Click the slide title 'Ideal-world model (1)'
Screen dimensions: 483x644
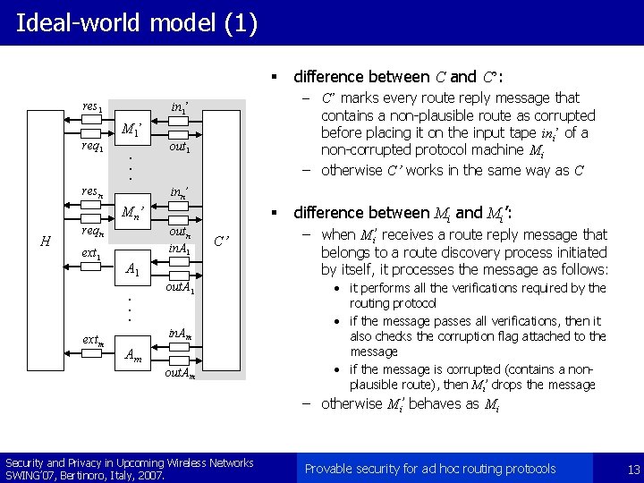pyautogui.click(x=137, y=21)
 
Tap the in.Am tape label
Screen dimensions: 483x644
pyautogui.click(x=182, y=335)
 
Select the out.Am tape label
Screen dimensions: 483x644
pyautogui.click(x=182, y=374)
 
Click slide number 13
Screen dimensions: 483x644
pyautogui.click(x=633, y=470)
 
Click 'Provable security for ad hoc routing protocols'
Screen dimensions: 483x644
pyautogui.click(x=430, y=469)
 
